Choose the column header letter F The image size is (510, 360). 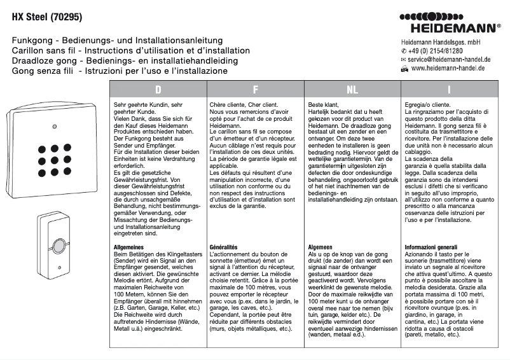click(255, 90)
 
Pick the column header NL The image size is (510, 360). click(352, 90)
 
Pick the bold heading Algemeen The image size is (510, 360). click(321, 246)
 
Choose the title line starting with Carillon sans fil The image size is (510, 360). click(130, 50)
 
